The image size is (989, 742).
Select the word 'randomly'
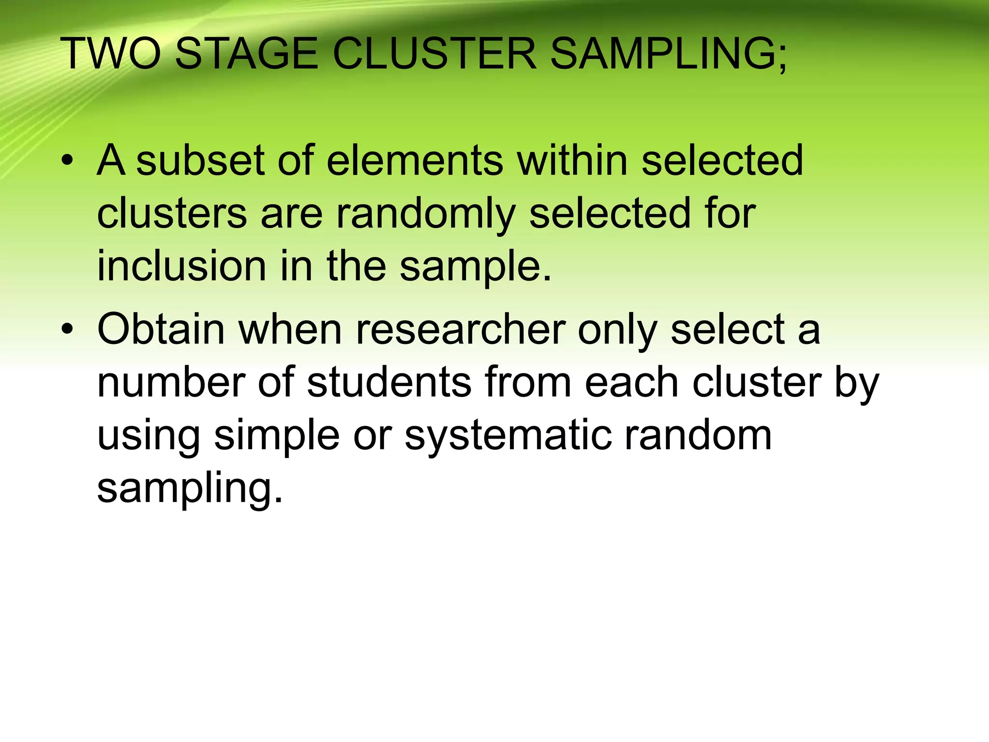[426, 214]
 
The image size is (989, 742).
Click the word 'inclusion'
[182, 267]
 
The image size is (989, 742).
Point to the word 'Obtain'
[161, 329]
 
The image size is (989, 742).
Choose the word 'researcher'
[461, 329]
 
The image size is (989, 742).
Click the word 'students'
[389, 383]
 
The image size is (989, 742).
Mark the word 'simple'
[277, 436]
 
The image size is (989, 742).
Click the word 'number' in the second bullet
[171, 383]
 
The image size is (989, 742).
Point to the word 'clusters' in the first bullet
[172, 214]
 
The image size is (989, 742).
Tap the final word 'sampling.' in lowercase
[190, 489]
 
